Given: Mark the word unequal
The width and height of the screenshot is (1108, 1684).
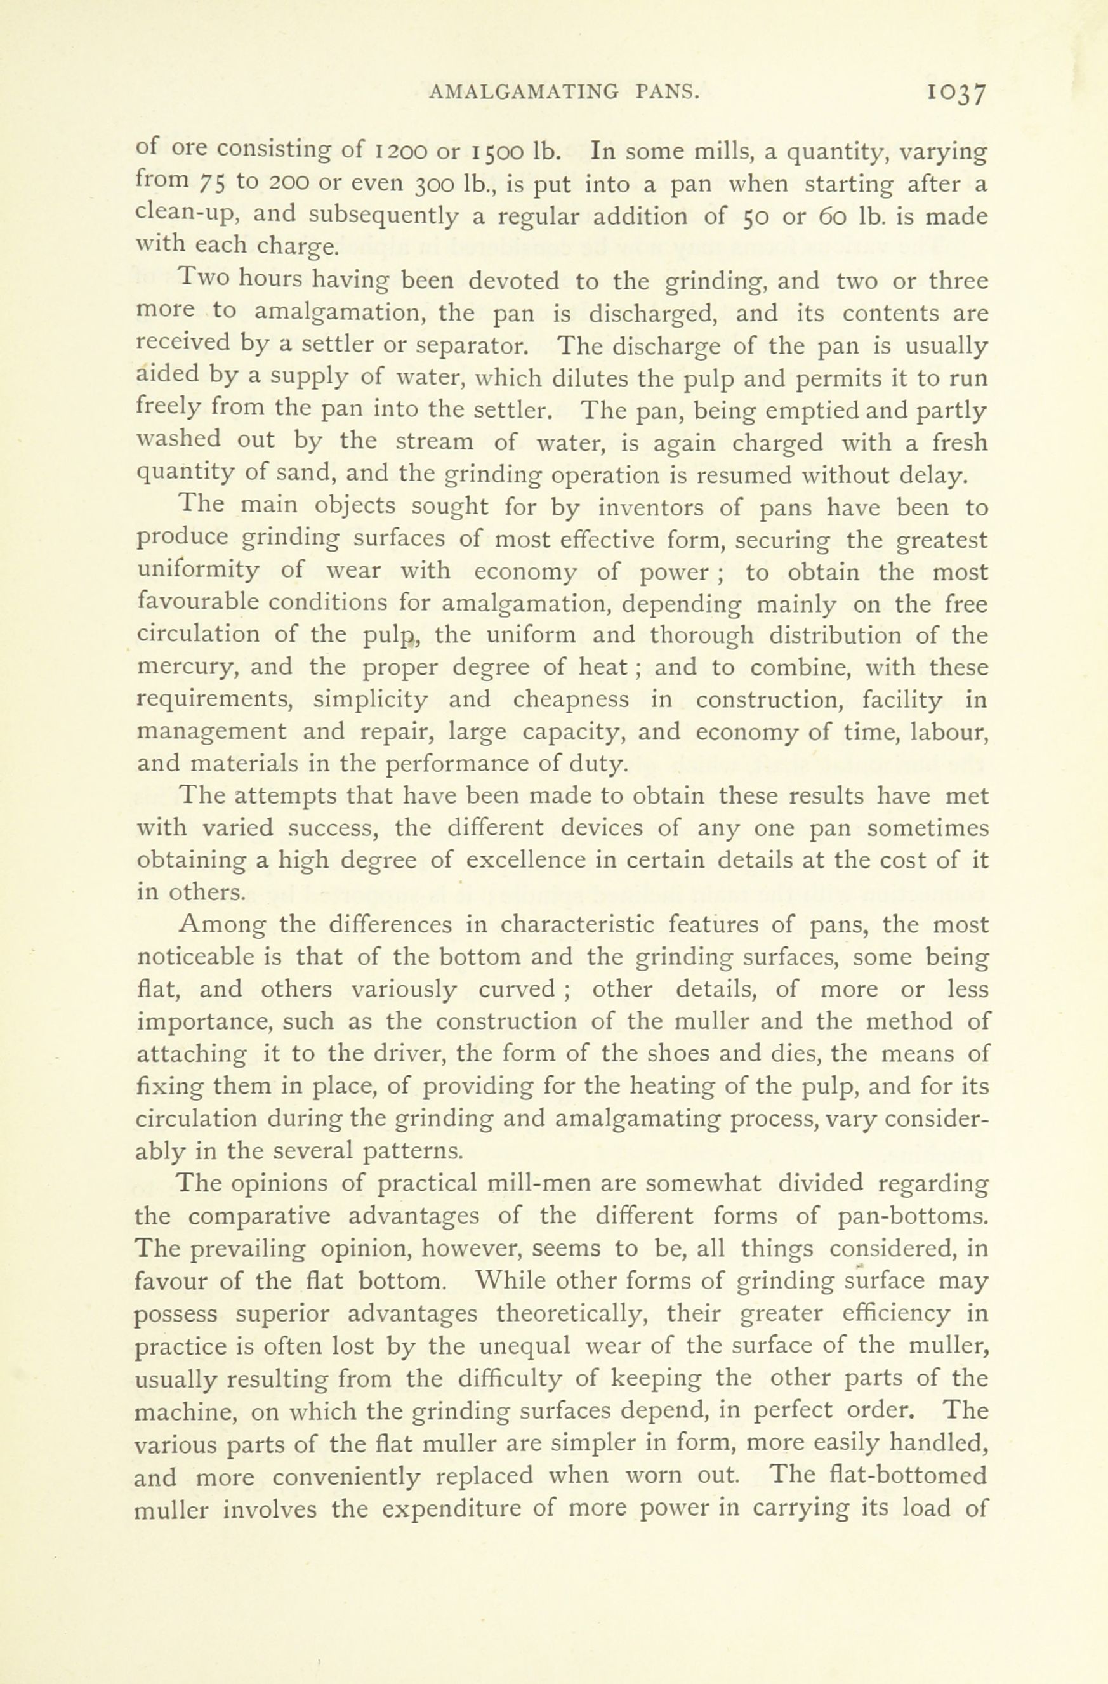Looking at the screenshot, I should pyautogui.click(x=524, y=1345).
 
